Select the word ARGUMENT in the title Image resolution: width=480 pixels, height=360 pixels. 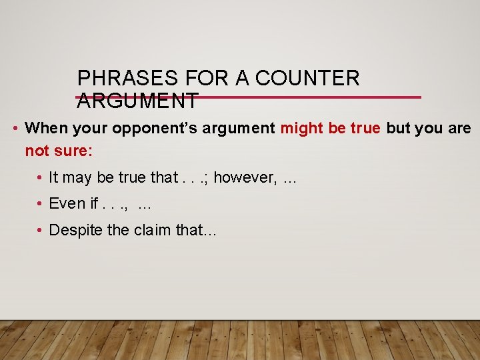(137, 101)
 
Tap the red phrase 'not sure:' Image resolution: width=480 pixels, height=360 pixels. (59, 151)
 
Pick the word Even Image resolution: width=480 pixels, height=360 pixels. (67, 203)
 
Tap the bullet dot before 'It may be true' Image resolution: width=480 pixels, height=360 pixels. (41, 177)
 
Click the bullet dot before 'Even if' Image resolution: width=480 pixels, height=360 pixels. (41, 203)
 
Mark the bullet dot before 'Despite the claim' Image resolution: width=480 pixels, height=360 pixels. (41, 230)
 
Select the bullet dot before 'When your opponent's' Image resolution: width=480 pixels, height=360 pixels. (16, 128)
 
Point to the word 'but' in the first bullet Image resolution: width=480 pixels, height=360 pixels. (398, 128)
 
